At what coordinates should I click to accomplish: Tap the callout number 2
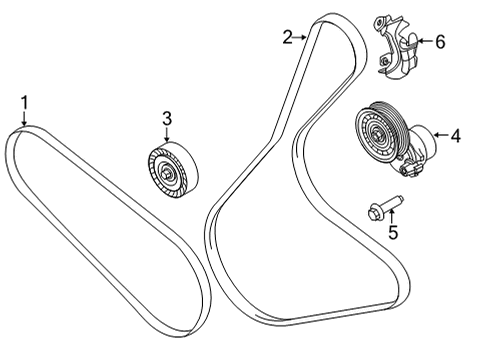pos(288,37)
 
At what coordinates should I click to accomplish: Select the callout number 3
pos(167,120)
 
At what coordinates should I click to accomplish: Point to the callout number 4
pos(456,134)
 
